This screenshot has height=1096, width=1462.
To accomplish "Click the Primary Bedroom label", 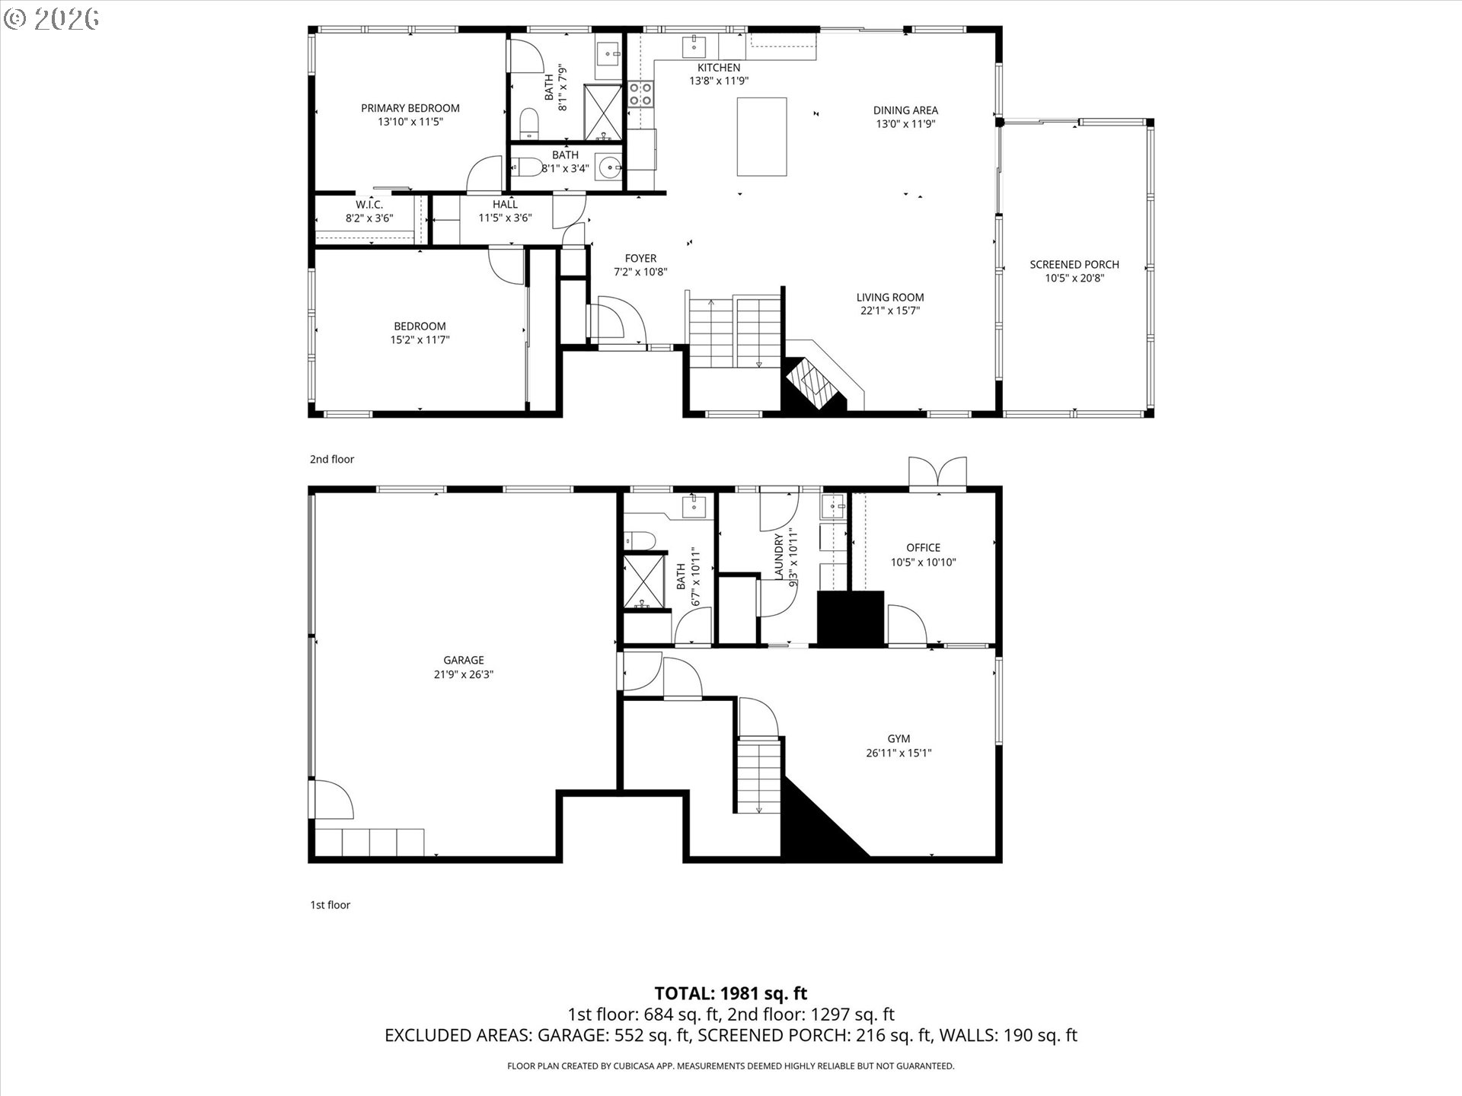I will (410, 108).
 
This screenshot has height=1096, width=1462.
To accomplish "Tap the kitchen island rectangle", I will (761, 136).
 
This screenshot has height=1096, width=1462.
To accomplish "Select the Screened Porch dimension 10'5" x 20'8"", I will (1074, 279).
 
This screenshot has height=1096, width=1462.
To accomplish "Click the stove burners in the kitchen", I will (640, 94).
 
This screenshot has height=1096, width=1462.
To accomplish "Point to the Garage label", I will (463, 660).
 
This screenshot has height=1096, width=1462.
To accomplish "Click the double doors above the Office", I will (937, 473).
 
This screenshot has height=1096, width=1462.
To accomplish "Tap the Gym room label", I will (899, 738).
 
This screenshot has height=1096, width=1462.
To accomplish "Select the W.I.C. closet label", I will (369, 205).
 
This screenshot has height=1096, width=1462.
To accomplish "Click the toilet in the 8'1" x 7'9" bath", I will (528, 123).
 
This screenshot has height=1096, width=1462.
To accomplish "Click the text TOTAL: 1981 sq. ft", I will (730, 993).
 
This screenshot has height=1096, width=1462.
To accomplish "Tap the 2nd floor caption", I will (331, 459).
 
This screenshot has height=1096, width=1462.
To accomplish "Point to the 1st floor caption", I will (330, 905).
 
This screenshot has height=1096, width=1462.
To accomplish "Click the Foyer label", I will (640, 258).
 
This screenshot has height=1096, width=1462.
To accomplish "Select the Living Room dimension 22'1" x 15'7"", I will (889, 311).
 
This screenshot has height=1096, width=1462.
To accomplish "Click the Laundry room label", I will (779, 556).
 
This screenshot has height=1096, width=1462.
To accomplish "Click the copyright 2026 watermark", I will (52, 18).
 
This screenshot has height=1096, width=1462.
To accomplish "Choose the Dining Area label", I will (905, 110).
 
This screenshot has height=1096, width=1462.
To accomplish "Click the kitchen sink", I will (695, 46).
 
